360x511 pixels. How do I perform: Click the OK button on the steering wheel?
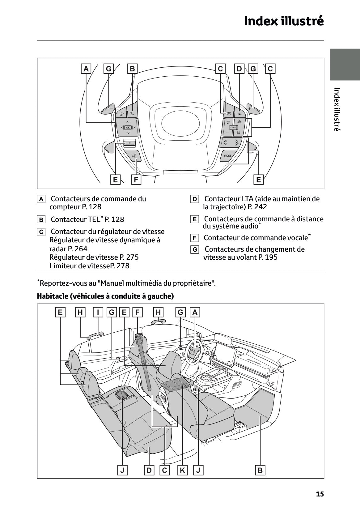coord(128,127)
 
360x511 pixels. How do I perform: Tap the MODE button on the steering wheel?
coord(227,156)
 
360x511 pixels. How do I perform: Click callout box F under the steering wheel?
coord(136,180)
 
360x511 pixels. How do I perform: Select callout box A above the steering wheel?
coord(86,69)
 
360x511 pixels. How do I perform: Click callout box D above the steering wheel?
coord(239,69)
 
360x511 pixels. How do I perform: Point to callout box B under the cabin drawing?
coord(260,470)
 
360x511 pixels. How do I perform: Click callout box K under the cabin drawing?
coord(182,470)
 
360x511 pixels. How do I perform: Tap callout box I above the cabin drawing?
coord(98,312)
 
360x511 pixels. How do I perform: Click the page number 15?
coord(320,494)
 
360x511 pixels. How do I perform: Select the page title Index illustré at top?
coord(284,21)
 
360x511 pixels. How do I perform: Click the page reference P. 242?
coord(257,207)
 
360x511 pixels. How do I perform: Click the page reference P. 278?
coord(120,266)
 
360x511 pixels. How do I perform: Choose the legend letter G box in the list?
coord(194,249)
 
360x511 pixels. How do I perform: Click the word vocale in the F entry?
coord(298,238)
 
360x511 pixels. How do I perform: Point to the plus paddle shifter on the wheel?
coord(250,109)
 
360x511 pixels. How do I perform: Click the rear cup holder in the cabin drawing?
coord(122,395)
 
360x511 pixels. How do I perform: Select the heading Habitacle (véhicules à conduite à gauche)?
coord(105,296)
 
